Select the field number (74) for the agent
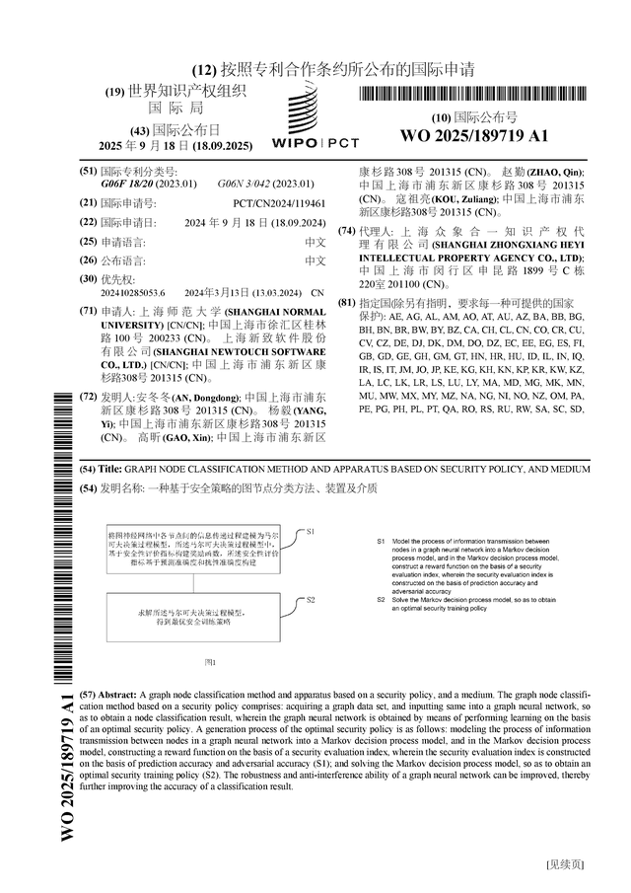346,231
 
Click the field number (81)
346,302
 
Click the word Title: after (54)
110,470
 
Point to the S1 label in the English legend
382,542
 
